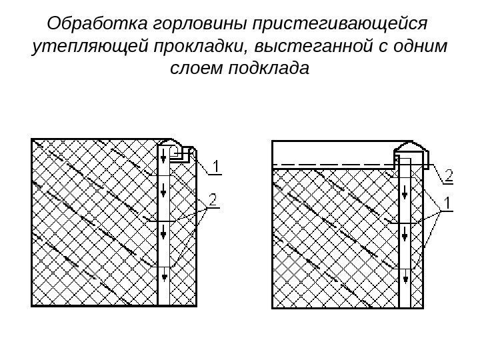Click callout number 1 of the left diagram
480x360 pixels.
coord(217,165)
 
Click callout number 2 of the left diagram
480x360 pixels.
coord(214,199)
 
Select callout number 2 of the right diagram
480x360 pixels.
coord(449,175)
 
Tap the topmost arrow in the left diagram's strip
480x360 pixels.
coord(164,158)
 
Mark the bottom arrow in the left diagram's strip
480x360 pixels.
coord(164,273)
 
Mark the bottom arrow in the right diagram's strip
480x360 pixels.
coord(406,273)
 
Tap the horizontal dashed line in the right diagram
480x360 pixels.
coord(333,163)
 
